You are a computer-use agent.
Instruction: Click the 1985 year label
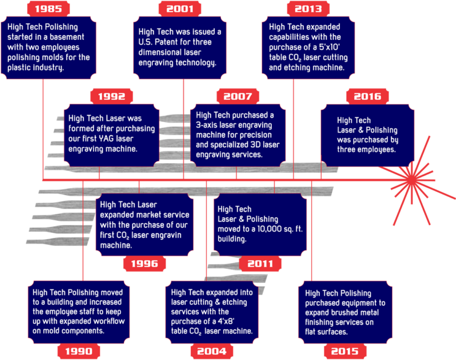point(48,9)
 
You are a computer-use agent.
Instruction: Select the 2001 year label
point(180,9)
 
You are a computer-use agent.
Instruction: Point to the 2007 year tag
point(237,96)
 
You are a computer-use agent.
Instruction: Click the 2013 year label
point(308,9)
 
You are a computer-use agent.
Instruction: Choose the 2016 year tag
point(368,96)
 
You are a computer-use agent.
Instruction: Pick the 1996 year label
point(145,264)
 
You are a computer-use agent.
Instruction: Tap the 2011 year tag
point(260,264)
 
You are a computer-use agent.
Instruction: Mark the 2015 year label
point(345,351)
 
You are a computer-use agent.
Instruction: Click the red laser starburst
point(416,180)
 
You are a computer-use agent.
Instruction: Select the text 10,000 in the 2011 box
point(257,229)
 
